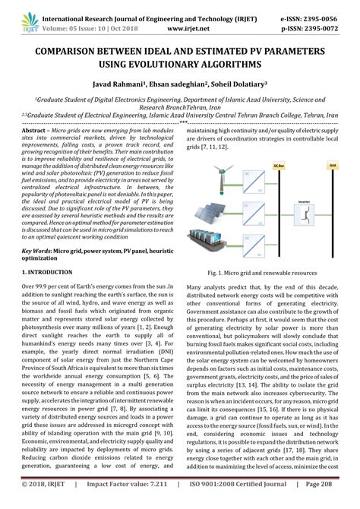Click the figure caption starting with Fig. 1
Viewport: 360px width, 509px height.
[263, 271]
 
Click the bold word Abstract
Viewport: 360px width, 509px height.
[35, 131]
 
